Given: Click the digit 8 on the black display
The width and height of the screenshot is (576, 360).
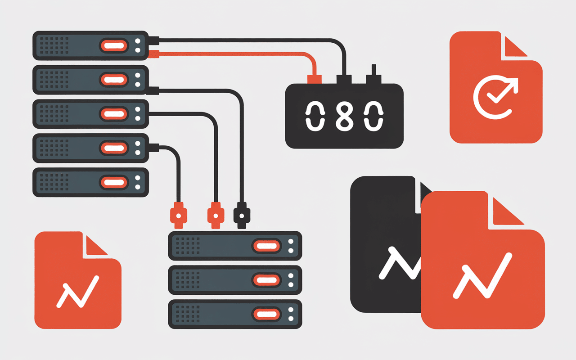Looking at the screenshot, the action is [345, 116].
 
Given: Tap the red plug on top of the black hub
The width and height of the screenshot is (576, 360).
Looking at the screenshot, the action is [314, 79].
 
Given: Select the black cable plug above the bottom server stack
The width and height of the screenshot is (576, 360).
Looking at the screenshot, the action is [242, 216].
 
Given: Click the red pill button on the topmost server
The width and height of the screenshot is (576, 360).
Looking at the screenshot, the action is [114, 46].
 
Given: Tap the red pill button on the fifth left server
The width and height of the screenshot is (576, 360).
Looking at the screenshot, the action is [114, 183].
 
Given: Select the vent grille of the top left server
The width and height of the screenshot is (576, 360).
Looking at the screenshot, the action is [54, 45].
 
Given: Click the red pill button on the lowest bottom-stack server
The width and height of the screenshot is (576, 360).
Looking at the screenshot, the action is [267, 314].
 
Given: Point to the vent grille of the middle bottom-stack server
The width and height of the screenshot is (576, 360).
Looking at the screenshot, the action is [188, 280].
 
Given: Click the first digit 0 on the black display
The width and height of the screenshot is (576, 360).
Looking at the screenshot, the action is [315, 116].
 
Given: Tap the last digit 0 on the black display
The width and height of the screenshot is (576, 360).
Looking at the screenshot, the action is [373, 116].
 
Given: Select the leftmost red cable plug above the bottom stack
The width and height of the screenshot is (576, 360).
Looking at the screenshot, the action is [179, 216].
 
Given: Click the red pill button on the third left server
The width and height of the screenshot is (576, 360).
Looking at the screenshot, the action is [114, 114].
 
